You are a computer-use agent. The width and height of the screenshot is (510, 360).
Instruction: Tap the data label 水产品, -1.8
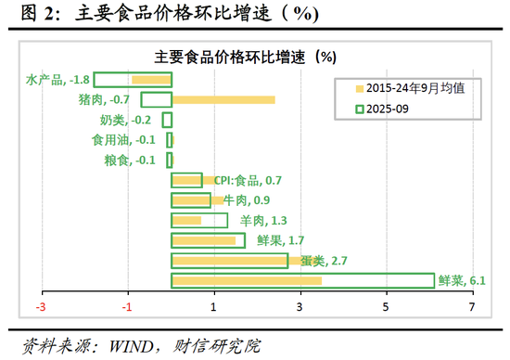coord(57,80)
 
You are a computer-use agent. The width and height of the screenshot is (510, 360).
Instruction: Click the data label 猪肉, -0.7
coord(104,99)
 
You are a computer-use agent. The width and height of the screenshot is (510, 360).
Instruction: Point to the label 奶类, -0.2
coord(125,120)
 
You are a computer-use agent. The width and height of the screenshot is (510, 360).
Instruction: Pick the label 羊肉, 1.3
coord(262,221)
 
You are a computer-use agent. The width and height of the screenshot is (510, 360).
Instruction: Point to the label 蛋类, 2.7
coord(321,261)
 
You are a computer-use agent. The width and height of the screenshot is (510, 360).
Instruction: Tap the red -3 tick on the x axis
coord(41,307)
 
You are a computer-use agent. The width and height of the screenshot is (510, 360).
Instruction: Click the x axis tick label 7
coord(472,307)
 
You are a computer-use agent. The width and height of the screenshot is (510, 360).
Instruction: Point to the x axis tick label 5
coord(386,307)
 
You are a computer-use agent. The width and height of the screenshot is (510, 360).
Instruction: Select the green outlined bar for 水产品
coord(133,80)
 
